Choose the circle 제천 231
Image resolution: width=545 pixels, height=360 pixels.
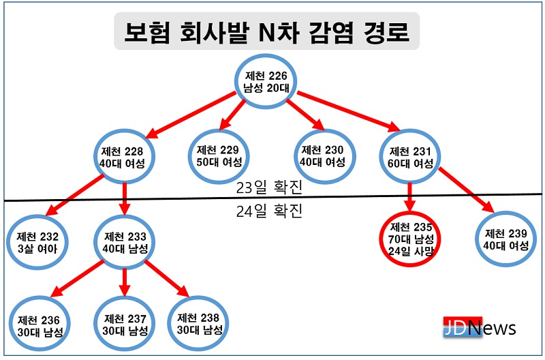[411, 156]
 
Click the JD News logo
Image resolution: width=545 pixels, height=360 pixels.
[479, 328]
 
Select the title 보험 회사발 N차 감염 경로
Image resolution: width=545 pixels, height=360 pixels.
[266, 33]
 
